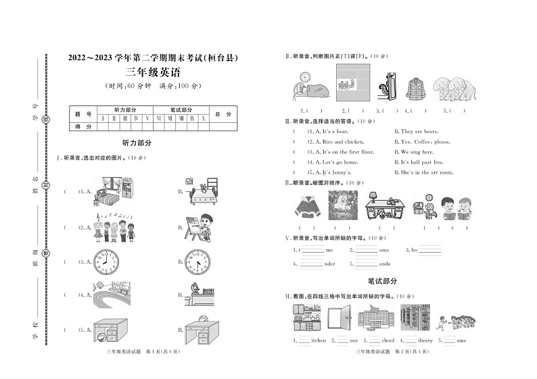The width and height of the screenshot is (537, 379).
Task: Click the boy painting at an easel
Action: click(201, 228)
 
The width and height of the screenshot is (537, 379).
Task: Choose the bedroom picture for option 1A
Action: click(112, 191)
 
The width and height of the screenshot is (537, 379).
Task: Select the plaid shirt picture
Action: click(415, 89)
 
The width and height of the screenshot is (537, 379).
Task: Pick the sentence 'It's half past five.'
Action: click(422, 162)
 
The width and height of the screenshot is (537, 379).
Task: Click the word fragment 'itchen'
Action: click(318, 340)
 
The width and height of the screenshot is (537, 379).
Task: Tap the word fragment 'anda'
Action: click(384, 263)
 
